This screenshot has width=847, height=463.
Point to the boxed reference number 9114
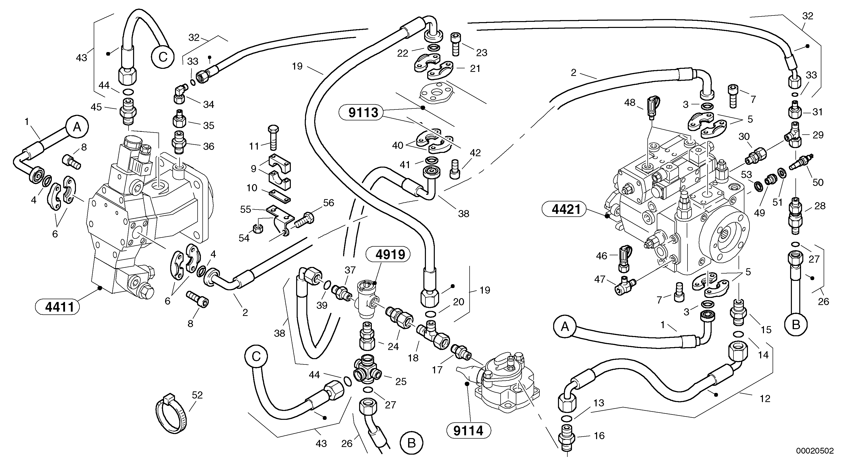[468, 430]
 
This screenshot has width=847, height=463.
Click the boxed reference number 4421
[566, 209]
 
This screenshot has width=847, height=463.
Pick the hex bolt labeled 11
[273, 137]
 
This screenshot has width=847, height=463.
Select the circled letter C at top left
[163, 57]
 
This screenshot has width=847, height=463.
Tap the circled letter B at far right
[796, 325]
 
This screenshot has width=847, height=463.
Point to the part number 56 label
[328, 203]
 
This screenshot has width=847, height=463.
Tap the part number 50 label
[818, 182]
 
